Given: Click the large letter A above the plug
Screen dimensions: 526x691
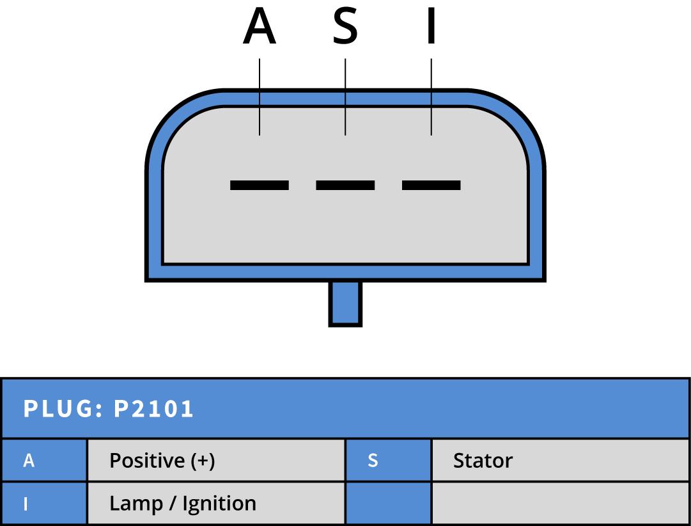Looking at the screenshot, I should point(260,28).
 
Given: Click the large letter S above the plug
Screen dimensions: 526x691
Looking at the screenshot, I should point(345,28).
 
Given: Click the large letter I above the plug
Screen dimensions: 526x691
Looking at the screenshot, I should point(431,28).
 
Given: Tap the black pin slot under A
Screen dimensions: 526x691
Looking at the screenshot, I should point(260,185).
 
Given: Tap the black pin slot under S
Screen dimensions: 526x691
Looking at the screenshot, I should point(345,185).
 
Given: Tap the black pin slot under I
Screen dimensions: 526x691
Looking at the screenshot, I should point(431,185).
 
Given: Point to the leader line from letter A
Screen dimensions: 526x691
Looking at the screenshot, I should point(260,96).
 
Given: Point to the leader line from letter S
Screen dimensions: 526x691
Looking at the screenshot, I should point(345,96).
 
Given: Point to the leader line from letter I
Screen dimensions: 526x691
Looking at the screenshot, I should point(431,96).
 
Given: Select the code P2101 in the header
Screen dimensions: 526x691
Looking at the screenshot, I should point(153,409).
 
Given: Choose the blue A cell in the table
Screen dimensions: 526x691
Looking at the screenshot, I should point(43,461).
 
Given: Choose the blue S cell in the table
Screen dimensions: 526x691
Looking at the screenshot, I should point(388,461).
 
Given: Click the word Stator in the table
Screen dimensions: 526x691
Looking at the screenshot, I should point(483,461).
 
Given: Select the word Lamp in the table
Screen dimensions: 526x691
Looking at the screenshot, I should point(135,504).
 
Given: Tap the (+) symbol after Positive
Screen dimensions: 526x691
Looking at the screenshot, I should point(200,461).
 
